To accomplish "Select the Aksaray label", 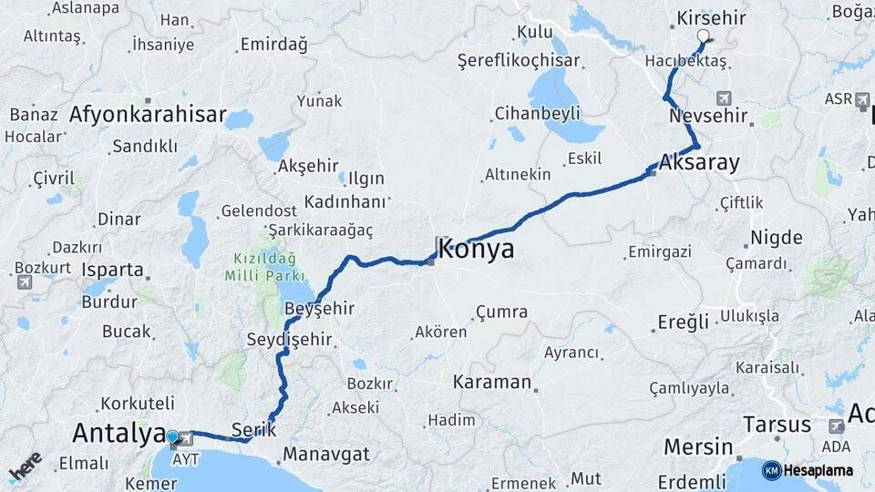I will pos(699,162).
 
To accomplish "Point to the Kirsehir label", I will pos(713,18).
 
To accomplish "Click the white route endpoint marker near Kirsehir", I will pos(703,36).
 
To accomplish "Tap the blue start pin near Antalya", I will pos(173,437).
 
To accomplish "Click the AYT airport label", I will pos(185,460).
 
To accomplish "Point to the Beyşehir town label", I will pos(319,309).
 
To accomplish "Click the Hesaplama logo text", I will pos(818,470).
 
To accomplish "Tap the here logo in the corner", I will pos(25,466).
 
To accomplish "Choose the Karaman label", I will pos(492,383).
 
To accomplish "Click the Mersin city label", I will pos(698,447).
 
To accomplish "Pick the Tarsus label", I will pos(777,425).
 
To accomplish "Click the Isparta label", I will pos(113,270).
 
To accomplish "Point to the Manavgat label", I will pos(326,454).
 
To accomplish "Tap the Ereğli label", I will pos(684,322).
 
